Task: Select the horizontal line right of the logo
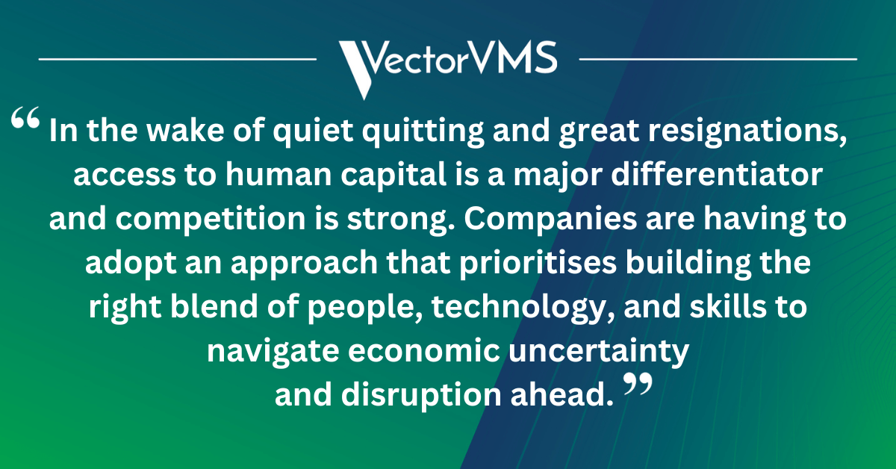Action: click(x=718, y=58)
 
